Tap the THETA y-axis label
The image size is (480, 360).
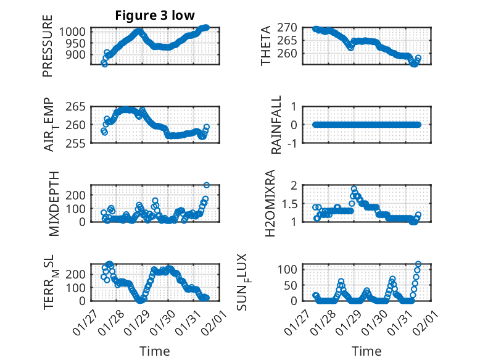(266, 46)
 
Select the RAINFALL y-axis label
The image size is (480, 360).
(277, 125)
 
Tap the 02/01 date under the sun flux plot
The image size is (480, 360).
(428, 322)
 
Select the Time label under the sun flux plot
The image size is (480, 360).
(366, 351)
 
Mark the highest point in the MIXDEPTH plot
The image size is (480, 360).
(206, 185)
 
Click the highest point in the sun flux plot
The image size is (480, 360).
(418, 264)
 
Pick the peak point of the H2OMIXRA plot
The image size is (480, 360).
(354, 189)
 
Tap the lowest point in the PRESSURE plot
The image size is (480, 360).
(104, 64)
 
